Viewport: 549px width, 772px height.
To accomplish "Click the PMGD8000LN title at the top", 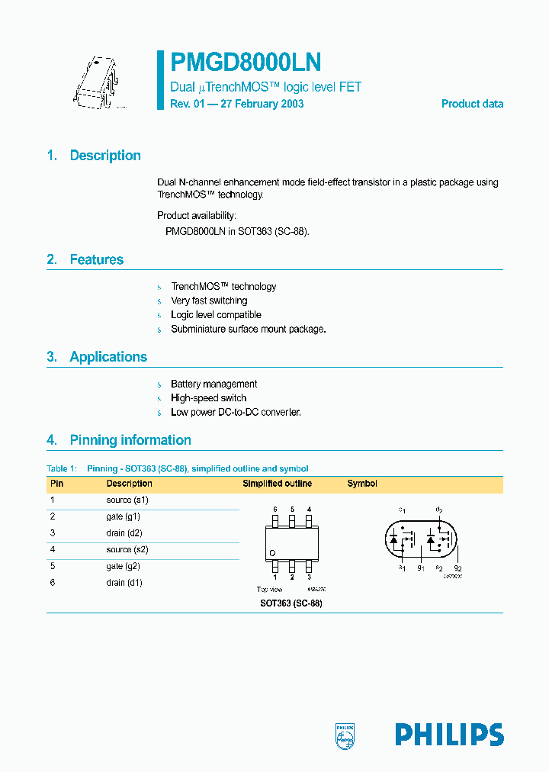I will pos(246,63).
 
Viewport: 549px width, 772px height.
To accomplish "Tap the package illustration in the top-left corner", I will pos(98,85).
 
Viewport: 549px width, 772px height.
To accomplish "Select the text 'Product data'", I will pos(472,104).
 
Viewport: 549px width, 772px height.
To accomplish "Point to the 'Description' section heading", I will pos(105,156).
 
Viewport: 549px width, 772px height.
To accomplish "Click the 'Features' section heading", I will pos(96,259).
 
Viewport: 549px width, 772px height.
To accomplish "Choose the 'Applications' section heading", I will pos(108,356).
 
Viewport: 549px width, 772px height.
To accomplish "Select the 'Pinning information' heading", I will pos(130,439).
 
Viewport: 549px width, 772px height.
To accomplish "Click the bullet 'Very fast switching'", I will pos(209,301).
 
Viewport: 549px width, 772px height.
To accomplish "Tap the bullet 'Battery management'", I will pos(213,384).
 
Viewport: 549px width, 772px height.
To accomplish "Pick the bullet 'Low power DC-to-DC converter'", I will pos(236,412).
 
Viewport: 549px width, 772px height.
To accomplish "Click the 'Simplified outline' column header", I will pos(277,484).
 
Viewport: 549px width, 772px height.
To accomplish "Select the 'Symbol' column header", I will pos(362,484).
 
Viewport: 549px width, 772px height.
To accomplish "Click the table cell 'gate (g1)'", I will pos(123,516).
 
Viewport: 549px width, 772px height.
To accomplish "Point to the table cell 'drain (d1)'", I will pos(124,583).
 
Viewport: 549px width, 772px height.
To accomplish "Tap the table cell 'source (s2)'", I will pos(127,549).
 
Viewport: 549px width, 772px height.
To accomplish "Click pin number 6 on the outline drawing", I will pos(275,509).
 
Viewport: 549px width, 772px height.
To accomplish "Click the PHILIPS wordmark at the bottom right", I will pos(449,735).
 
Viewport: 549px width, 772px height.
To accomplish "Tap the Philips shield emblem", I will pos(345,735).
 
